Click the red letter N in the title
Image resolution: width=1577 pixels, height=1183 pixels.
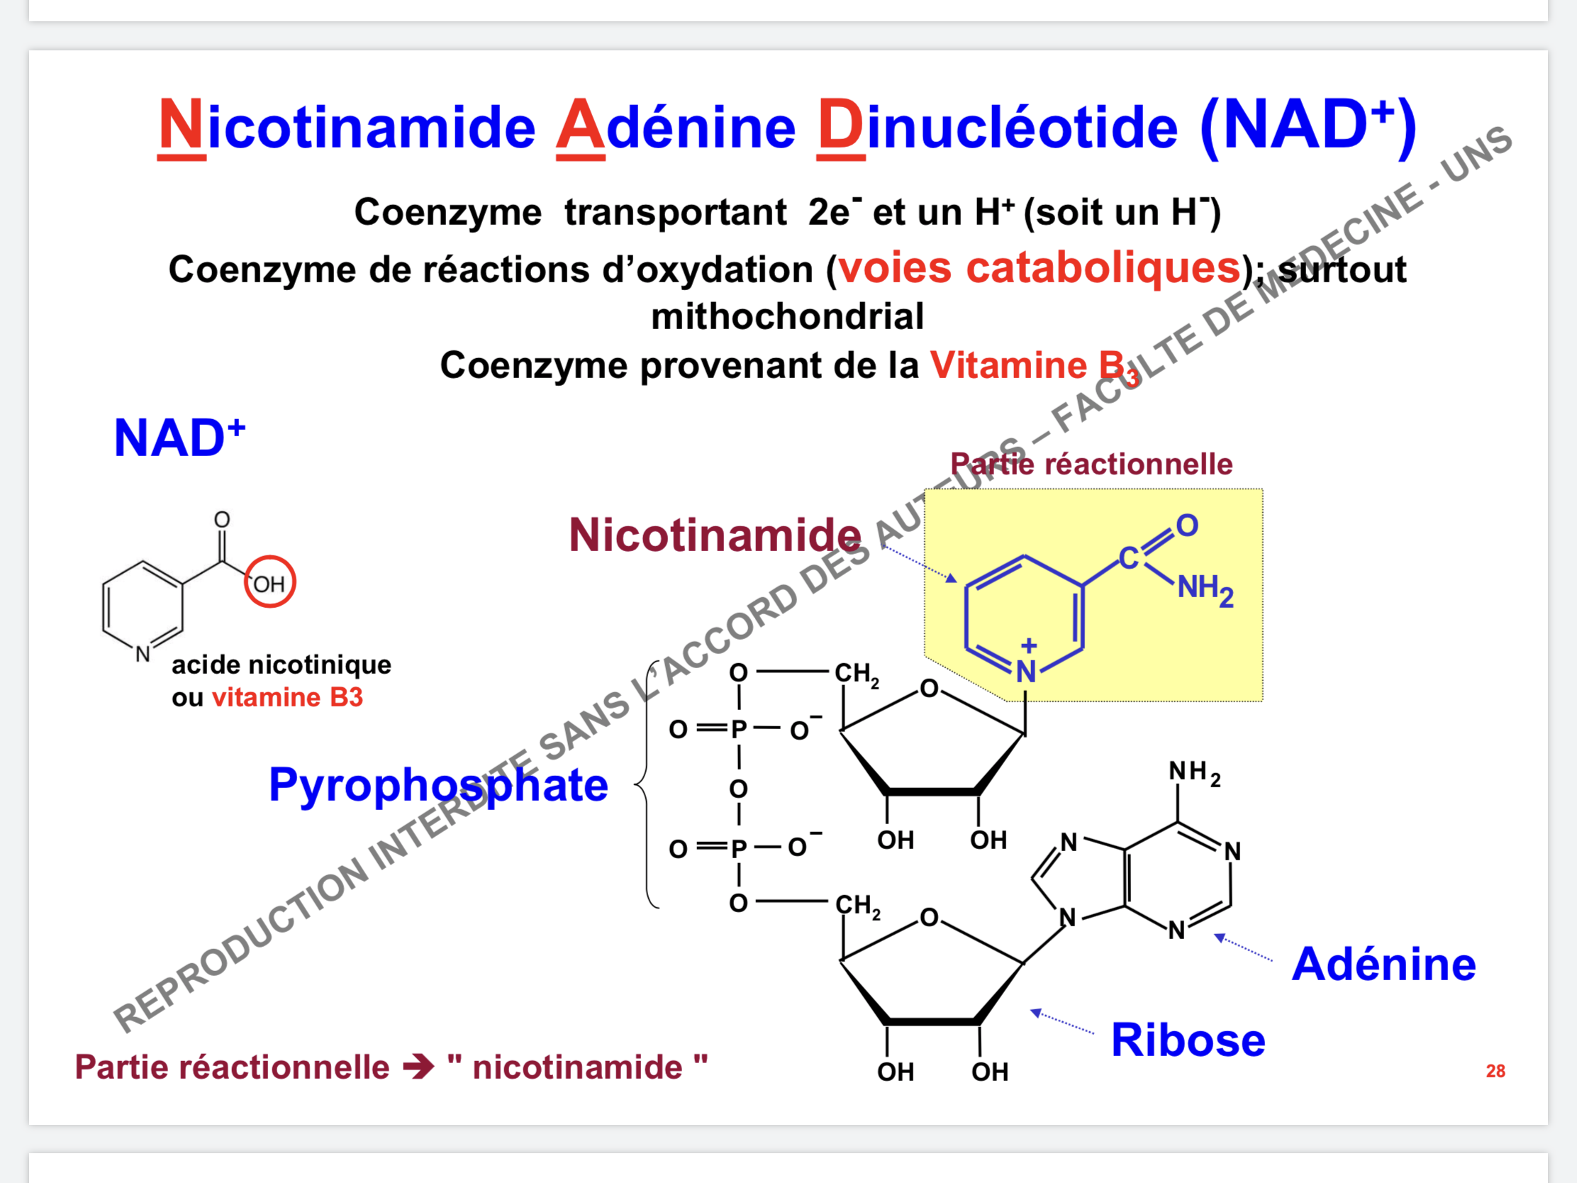click(x=181, y=126)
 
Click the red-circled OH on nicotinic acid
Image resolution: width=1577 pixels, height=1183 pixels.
click(x=269, y=582)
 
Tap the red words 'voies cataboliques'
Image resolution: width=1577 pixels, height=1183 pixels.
click(x=1040, y=268)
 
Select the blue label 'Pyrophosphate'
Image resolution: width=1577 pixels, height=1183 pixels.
click(x=438, y=785)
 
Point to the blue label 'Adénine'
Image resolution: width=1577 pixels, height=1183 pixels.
click(x=1384, y=964)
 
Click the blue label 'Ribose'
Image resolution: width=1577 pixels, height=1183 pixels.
click(x=1188, y=1040)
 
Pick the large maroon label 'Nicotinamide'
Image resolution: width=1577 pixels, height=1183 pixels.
click(x=715, y=535)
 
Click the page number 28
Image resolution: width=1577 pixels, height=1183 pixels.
click(x=1495, y=1070)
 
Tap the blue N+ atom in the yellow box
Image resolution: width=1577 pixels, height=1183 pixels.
click(x=1026, y=669)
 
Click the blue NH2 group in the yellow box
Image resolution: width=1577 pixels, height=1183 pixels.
click(x=1205, y=589)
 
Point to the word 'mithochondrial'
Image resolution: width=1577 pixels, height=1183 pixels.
click(x=787, y=316)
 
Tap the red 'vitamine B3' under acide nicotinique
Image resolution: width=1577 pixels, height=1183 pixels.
click(x=288, y=697)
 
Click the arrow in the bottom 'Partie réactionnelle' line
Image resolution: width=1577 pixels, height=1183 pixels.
click(x=418, y=1067)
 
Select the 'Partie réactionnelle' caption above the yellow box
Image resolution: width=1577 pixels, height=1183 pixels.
click(x=1091, y=465)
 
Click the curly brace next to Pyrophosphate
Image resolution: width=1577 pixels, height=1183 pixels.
click(x=645, y=784)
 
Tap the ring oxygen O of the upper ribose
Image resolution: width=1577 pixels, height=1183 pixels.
click(x=929, y=688)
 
